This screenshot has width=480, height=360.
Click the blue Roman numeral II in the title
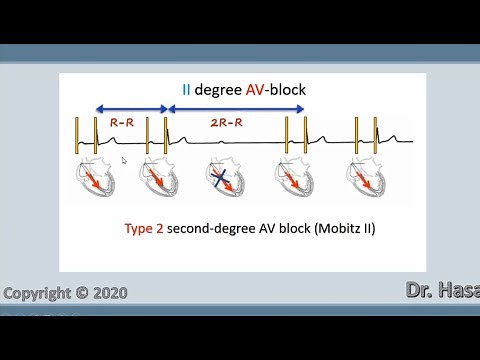[x=187, y=90]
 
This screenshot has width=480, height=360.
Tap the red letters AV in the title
[x=255, y=90]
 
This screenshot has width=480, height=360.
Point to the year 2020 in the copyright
[x=108, y=294]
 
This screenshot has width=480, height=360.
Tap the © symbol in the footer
[x=81, y=294]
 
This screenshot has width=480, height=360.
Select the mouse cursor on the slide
[x=124, y=160]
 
